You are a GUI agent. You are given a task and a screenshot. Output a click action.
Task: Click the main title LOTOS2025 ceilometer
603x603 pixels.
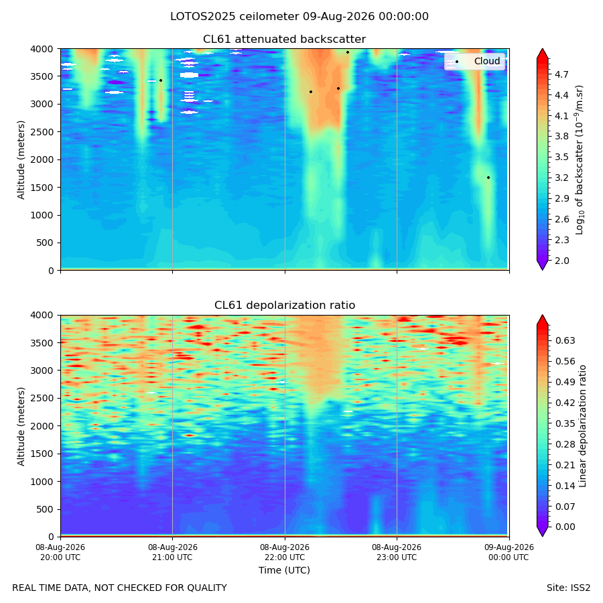coord(234,17)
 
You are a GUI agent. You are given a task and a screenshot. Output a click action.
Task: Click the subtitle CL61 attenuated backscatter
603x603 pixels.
coord(285,40)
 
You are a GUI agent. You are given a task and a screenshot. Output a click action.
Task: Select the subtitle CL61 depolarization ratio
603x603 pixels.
coord(285,305)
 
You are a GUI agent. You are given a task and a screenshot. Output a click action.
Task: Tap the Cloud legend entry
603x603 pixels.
coord(487,61)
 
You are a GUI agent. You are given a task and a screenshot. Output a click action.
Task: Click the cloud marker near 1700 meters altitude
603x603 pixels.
coord(488,178)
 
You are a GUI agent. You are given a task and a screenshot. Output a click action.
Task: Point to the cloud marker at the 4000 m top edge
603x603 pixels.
coord(348,52)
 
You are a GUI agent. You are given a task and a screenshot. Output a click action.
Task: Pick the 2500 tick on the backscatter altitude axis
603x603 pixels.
coord(42,132)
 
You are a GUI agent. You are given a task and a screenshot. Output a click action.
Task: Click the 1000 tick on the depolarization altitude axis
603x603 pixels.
coord(42,482)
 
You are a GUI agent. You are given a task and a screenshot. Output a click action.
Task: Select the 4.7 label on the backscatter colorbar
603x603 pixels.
coord(561,74)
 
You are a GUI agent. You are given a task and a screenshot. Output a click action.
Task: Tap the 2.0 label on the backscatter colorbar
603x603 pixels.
coord(561,261)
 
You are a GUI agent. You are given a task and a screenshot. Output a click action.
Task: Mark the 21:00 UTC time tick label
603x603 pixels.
coord(172,552)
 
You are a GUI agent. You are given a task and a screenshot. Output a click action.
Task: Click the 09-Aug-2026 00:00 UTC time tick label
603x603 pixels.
coord(509,552)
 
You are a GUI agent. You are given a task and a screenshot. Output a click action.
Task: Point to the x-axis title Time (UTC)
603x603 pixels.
coord(284,570)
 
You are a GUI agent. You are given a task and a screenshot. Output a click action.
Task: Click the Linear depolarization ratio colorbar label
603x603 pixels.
coord(583,426)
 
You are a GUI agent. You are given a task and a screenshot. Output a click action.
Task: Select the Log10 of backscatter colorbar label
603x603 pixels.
coord(579,159)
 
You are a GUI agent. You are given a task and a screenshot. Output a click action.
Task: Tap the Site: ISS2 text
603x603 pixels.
coord(568,588)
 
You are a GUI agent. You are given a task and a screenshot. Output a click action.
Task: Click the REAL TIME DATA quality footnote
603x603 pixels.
coord(120,588)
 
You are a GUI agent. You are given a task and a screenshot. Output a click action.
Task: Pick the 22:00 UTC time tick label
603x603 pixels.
coord(285,552)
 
